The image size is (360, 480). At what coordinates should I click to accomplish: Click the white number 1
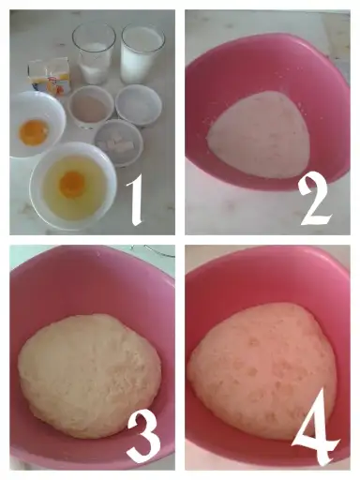click(x=135, y=200)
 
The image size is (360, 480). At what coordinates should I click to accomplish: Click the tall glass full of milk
click(x=142, y=54)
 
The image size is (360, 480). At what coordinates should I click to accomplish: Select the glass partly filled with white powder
click(x=94, y=54)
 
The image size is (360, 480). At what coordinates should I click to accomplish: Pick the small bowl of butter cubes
click(x=118, y=142)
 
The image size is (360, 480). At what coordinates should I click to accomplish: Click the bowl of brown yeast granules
click(x=91, y=107)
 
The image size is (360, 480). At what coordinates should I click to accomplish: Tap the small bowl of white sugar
click(x=139, y=105)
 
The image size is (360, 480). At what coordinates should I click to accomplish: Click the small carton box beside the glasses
click(x=50, y=76)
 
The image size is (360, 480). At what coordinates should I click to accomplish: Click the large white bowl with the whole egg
click(x=72, y=186)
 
